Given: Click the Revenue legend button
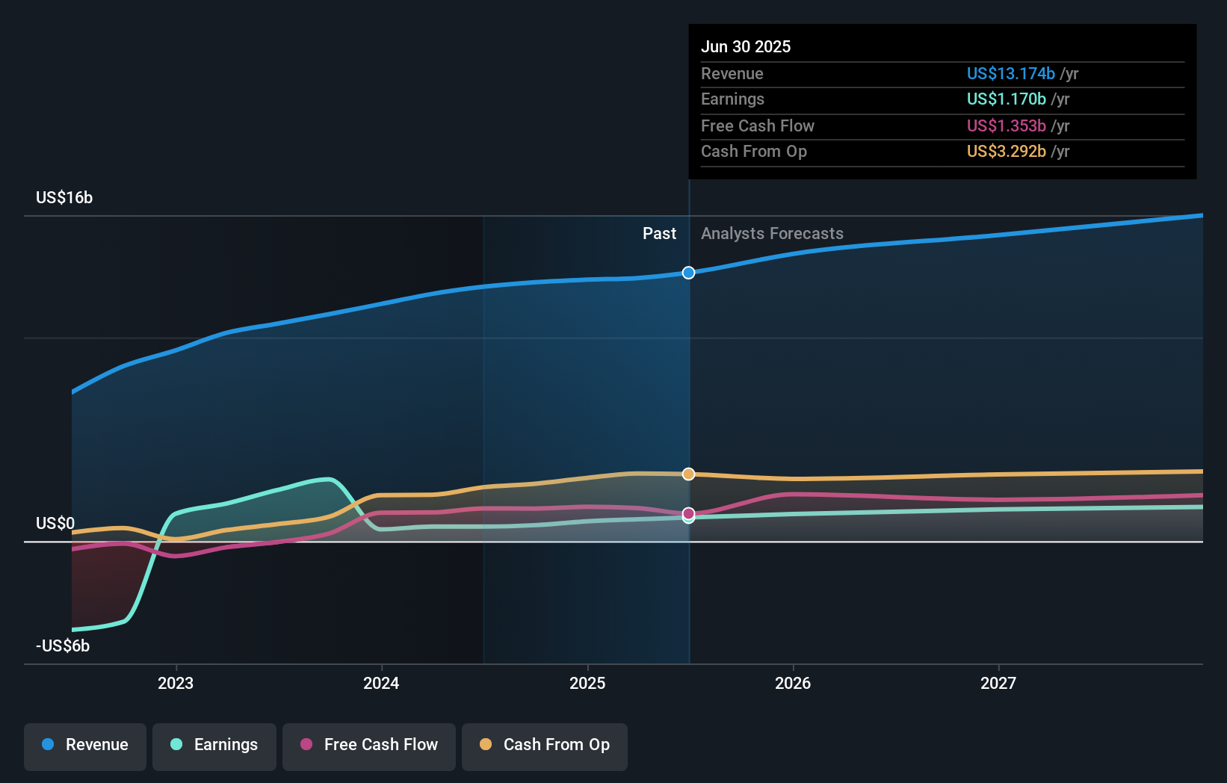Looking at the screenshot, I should pyautogui.click(x=85, y=745).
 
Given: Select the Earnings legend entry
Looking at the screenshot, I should pyautogui.click(x=214, y=745).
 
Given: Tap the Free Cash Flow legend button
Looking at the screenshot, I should pyautogui.click(x=369, y=745).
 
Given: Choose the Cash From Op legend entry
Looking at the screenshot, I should pyautogui.click(x=545, y=745).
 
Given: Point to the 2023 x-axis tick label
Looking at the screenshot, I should pyautogui.click(x=176, y=683).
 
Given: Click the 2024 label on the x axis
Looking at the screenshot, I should pyautogui.click(x=381, y=683).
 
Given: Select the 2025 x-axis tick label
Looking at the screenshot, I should pyautogui.click(x=587, y=683).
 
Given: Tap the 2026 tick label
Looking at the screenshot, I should pyautogui.click(x=793, y=683).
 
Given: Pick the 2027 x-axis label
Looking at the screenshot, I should pyautogui.click(x=998, y=683).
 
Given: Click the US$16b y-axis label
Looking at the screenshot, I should pyautogui.click(x=64, y=197).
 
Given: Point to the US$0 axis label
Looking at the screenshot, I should pyautogui.click(x=55, y=523).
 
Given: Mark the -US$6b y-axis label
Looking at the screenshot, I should pyautogui.click(x=63, y=646).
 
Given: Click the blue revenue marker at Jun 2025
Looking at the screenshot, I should pyautogui.click(x=689, y=273).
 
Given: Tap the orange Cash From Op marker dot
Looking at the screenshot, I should pyautogui.click(x=689, y=474).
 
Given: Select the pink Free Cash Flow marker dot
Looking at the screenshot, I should pyautogui.click(x=689, y=513).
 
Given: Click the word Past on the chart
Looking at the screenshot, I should pyautogui.click(x=659, y=234).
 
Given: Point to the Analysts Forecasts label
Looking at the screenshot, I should pyautogui.click(x=772, y=234).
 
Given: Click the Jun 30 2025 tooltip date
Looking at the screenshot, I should pyautogui.click(x=746, y=46).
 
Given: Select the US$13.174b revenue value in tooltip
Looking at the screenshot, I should pyautogui.click(x=1010, y=73).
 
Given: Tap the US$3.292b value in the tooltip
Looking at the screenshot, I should pyautogui.click(x=1006, y=151).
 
